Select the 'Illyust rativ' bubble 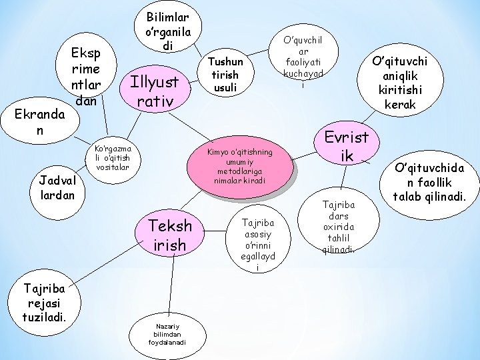[x=155, y=92]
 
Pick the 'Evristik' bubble [x=346, y=146]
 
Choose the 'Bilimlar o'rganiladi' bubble [x=168, y=29]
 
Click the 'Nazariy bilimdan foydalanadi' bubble [x=167, y=331]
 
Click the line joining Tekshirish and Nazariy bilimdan [x=173, y=283]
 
